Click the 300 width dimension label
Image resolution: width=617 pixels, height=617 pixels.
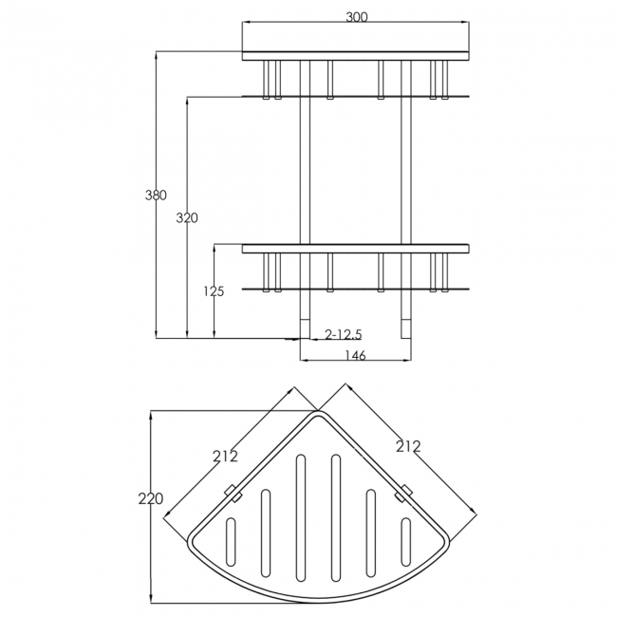click(x=357, y=17)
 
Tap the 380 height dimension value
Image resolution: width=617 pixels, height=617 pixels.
click(x=156, y=195)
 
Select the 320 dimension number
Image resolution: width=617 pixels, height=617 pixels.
click(x=187, y=217)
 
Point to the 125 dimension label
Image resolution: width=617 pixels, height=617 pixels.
click(x=214, y=291)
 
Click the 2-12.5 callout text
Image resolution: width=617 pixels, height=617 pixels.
click(x=343, y=334)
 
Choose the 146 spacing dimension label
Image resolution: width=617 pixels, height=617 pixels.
click(x=355, y=355)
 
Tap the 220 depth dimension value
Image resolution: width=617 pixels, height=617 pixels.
click(x=151, y=499)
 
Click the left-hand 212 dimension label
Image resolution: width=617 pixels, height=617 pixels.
click(x=226, y=456)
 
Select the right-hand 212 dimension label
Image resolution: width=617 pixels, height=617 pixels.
click(x=408, y=446)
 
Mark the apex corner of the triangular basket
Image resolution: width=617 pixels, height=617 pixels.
click(x=318, y=411)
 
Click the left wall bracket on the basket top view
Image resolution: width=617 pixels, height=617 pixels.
click(x=233, y=493)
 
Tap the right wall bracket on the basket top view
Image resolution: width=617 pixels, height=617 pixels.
click(x=403, y=493)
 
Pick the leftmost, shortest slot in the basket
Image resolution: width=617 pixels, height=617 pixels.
click(x=231, y=542)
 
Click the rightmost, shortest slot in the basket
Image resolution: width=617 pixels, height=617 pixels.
click(x=405, y=542)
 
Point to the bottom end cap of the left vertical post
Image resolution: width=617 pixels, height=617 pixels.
click(x=305, y=329)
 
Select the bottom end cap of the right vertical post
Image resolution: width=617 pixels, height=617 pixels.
click(x=406, y=329)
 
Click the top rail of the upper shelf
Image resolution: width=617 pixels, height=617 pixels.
click(x=356, y=56)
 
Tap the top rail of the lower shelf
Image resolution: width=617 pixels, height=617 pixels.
click(x=356, y=249)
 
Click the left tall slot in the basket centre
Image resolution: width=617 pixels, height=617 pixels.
click(x=301, y=518)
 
